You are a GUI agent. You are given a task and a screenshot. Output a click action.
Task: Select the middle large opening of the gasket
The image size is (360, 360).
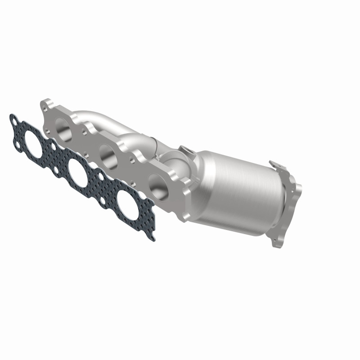[x=80, y=169]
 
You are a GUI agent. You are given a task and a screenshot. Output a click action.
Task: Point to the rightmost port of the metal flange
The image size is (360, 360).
[x=156, y=184]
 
